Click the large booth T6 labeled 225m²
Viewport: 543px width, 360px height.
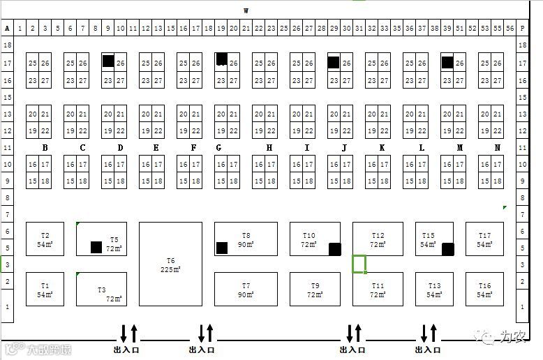(x=170, y=264)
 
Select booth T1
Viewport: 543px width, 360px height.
(x=45, y=289)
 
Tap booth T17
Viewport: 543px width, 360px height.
(x=484, y=239)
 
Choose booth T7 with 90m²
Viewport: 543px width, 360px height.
(x=246, y=289)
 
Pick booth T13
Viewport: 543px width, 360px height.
(x=434, y=289)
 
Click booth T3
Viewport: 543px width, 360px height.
(x=101, y=289)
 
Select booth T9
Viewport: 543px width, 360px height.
(x=315, y=289)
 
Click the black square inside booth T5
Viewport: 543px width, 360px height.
(x=96, y=247)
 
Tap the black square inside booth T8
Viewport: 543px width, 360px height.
(x=222, y=248)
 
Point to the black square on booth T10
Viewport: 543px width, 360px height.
(x=334, y=248)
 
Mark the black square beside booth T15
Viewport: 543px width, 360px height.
(x=448, y=248)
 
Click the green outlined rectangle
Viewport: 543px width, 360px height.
(x=359, y=264)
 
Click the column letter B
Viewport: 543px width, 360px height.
(x=45, y=147)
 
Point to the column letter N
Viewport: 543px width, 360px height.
(x=497, y=147)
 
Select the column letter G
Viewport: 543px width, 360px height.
(x=219, y=147)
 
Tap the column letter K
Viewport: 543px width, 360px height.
(x=382, y=147)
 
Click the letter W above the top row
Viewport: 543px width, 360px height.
(x=246, y=10)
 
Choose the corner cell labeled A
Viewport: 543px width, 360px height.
(x=7, y=29)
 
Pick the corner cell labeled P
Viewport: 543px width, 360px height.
(x=522, y=29)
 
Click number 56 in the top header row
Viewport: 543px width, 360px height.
(x=509, y=29)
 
